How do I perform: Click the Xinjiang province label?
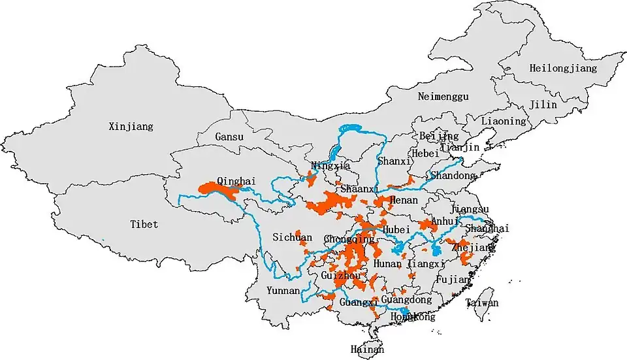point(131,127)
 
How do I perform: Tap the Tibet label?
point(144,224)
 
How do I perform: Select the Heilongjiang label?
point(554,68)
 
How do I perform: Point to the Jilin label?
point(543,105)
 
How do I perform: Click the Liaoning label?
point(503,121)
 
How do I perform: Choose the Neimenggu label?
point(443,97)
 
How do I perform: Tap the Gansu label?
point(229,137)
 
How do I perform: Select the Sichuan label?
point(292,238)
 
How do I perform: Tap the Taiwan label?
point(482,303)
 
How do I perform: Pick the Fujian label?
point(451,280)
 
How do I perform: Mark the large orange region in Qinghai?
point(219,190)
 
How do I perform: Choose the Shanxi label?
point(394,161)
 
